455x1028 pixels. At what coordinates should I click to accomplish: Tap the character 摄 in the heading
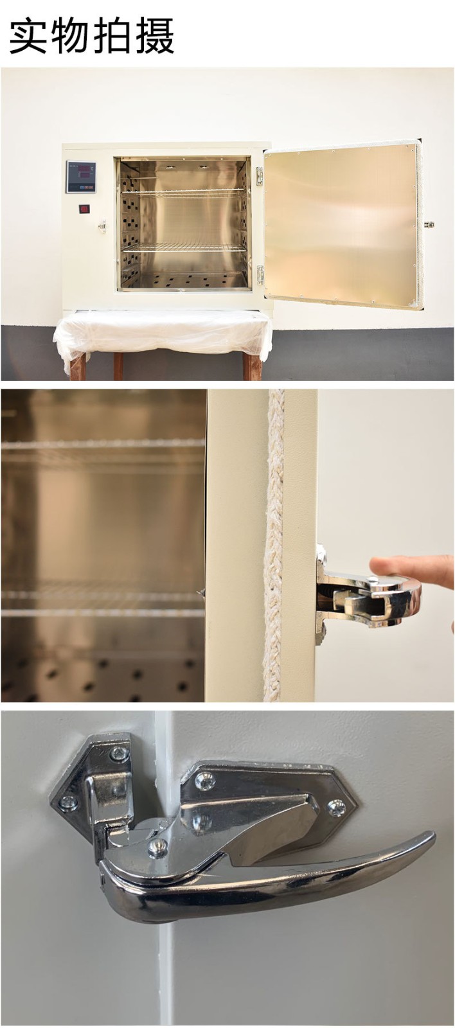tap(154, 35)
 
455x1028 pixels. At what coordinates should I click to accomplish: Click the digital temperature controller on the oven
tap(81, 177)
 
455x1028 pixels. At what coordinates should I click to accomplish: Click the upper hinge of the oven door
tap(260, 176)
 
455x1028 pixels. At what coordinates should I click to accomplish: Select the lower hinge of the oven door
tap(260, 274)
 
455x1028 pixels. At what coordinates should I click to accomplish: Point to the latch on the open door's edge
tap(429, 224)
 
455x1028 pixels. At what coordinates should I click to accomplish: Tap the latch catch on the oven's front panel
tap(102, 226)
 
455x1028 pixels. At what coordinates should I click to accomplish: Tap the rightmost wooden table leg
tap(252, 366)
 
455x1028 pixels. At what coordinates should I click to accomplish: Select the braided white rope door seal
tap(274, 546)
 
